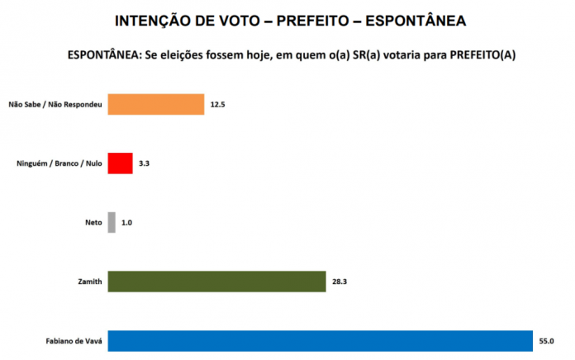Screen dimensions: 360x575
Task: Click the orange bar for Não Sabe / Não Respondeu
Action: [x=155, y=104]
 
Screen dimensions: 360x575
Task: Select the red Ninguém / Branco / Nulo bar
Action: [x=120, y=163]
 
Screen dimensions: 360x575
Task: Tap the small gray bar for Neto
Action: [x=112, y=222]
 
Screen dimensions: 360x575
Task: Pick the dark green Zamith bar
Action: [x=216, y=282]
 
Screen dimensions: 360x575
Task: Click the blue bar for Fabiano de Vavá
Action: [x=320, y=340]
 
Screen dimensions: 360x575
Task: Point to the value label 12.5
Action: [x=218, y=105]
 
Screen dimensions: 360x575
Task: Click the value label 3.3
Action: [x=145, y=163]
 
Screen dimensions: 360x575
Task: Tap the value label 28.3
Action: [x=340, y=282]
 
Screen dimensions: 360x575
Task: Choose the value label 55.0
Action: [x=546, y=340]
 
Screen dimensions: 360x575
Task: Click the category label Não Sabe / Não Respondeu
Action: [x=55, y=105]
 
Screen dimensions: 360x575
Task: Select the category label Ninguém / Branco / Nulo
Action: [x=59, y=163]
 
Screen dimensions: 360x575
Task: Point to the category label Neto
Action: [x=93, y=223]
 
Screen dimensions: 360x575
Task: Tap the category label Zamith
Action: [x=89, y=282]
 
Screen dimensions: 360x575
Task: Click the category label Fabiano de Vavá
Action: [x=74, y=341]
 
